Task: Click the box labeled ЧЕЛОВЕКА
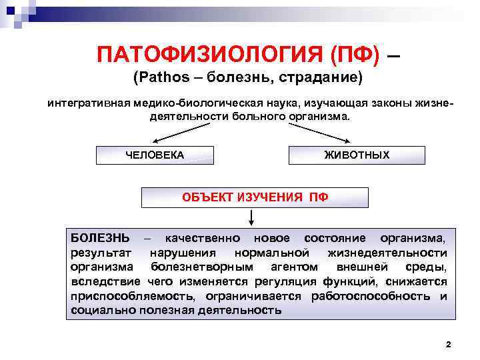pyautogui.click(x=155, y=155)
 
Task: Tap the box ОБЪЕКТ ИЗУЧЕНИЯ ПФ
pyautogui.click(x=255, y=197)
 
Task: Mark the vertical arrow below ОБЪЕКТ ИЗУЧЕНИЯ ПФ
pyautogui.click(x=252, y=218)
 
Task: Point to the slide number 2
pyautogui.click(x=448, y=345)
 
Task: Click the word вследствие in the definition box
pyautogui.click(x=99, y=281)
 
